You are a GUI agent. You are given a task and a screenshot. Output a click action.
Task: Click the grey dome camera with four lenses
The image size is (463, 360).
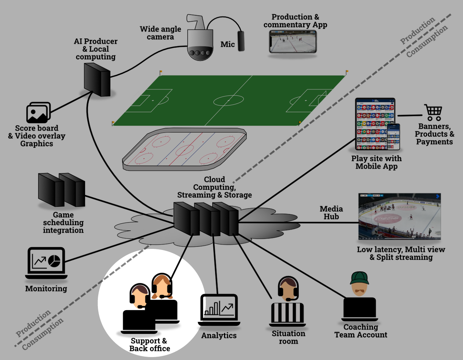click(x=200, y=44)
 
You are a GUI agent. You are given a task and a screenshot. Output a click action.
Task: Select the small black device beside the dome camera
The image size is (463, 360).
click(x=241, y=41)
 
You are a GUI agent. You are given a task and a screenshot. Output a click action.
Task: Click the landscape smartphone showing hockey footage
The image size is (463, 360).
click(x=293, y=41)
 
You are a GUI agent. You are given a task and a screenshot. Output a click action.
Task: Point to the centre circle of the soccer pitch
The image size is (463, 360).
click(x=228, y=100)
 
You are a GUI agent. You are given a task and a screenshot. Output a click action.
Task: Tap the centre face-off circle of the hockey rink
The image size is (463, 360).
click(x=184, y=150)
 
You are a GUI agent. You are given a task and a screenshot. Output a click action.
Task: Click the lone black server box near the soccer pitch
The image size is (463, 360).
click(x=97, y=80)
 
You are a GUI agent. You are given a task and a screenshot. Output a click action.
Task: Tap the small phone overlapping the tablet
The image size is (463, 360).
click(x=394, y=136)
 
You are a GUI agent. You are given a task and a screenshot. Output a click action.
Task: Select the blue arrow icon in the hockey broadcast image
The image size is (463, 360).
click(x=437, y=196)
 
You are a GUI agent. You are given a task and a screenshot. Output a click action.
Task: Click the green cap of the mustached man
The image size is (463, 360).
click(x=359, y=278)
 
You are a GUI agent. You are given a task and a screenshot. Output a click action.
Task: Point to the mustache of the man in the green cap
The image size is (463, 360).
click(x=359, y=290)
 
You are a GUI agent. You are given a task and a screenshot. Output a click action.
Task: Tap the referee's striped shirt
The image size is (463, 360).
click(x=287, y=312)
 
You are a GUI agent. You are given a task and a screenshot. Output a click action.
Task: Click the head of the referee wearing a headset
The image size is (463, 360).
click(x=288, y=289)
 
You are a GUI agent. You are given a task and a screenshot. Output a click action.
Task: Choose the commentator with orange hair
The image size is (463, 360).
click(x=162, y=286)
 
